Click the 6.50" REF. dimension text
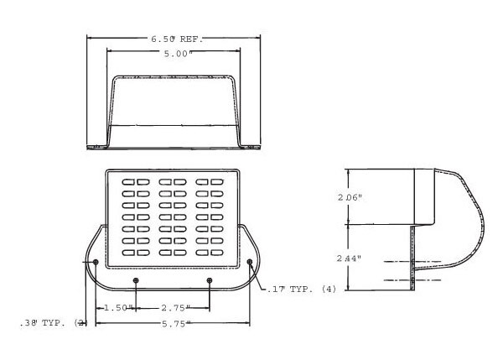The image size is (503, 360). tap(178, 39)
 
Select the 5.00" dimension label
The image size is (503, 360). tap(179, 53)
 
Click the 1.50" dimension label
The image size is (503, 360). tap(117, 308)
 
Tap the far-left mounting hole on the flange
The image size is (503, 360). tap(96, 262)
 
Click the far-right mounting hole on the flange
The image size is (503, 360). tap(250, 262)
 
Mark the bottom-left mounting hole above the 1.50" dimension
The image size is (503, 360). tap(137, 280)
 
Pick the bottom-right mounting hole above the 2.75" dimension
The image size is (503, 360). tap(210, 280)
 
